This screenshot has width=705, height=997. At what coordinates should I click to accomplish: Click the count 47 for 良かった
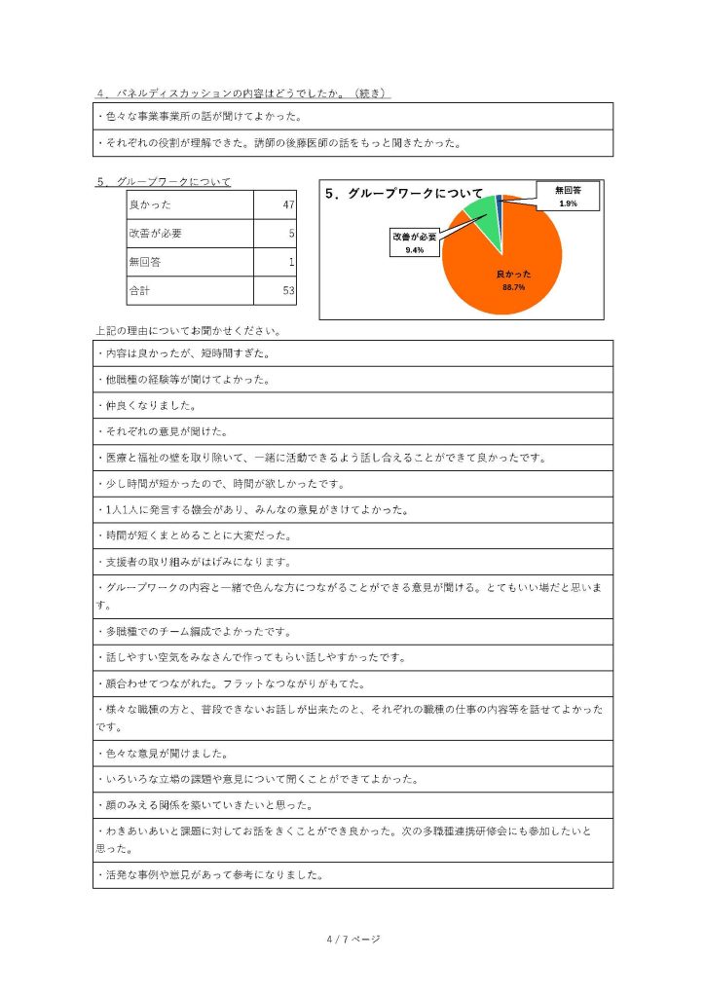click(288, 205)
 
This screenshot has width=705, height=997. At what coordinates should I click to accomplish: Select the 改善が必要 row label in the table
click(155, 234)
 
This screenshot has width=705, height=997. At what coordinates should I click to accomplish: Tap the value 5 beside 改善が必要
click(292, 234)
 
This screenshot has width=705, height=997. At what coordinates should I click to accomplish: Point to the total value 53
click(288, 290)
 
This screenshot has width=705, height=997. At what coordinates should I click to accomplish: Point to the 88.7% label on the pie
click(513, 287)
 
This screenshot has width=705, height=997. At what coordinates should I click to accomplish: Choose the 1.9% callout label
click(568, 203)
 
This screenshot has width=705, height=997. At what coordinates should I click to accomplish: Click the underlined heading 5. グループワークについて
click(164, 182)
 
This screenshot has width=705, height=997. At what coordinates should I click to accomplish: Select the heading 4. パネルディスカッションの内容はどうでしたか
click(243, 93)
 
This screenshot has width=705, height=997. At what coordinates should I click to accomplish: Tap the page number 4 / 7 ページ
click(352, 939)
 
